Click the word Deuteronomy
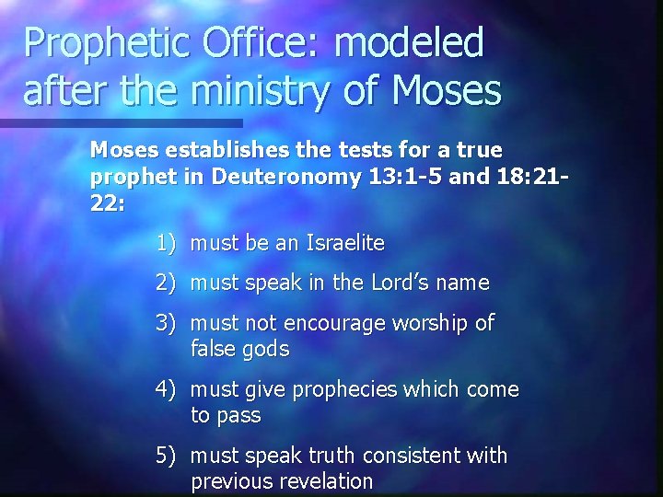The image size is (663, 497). pos(285,177)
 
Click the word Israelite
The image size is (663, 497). pos(345,244)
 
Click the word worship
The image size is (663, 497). pos(432,323)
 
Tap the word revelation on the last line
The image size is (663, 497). pos(327,481)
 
